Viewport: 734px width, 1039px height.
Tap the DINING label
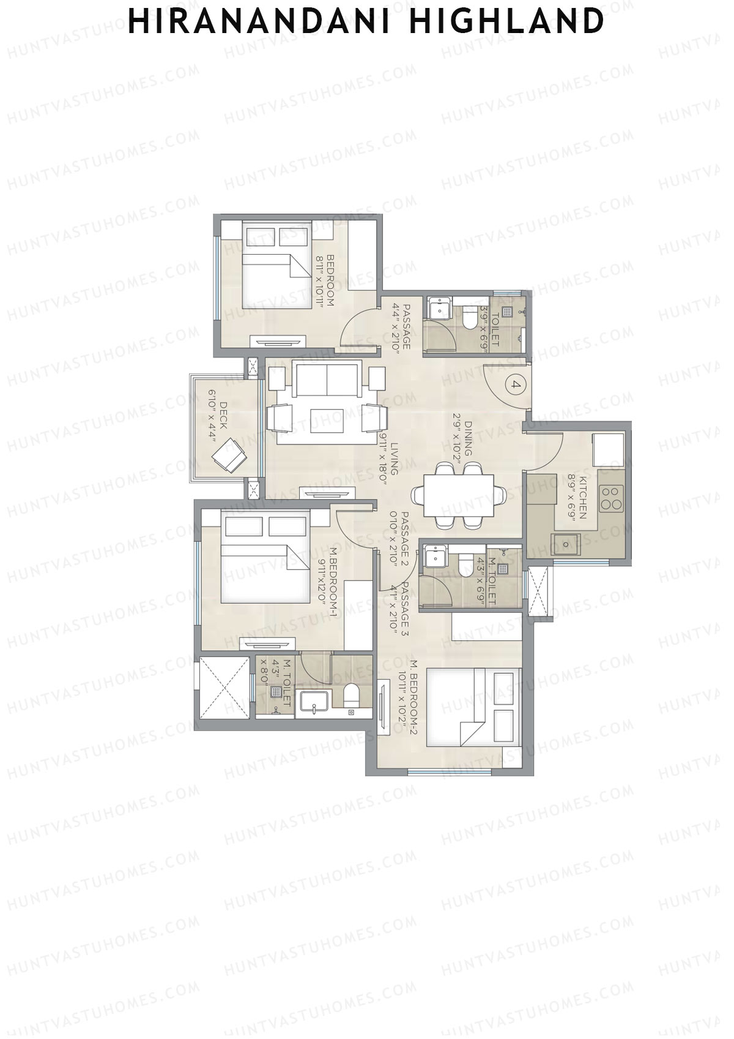point(468,438)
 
